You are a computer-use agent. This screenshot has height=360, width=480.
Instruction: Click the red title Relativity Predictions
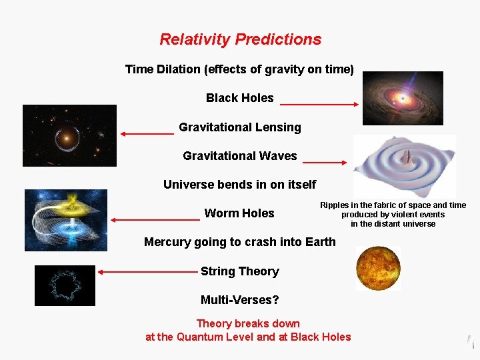click(x=240, y=39)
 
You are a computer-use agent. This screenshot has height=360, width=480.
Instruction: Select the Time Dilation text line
click(x=239, y=69)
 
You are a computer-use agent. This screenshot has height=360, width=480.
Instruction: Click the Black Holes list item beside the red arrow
click(x=239, y=98)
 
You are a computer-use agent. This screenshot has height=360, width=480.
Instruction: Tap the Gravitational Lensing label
click(x=239, y=127)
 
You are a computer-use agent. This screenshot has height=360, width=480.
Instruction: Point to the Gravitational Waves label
click(x=239, y=156)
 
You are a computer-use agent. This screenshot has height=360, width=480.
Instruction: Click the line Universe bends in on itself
click(x=239, y=185)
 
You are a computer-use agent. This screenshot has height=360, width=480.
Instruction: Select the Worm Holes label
click(x=239, y=213)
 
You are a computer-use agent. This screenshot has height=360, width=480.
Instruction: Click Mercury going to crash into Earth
click(x=239, y=242)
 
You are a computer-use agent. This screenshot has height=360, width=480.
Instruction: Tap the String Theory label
click(x=239, y=271)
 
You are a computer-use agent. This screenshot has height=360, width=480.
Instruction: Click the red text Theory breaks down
click(x=248, y=324)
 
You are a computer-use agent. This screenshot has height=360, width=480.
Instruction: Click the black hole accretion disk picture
click(x=402, y=98)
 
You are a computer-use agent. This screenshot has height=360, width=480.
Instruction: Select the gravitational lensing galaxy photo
click(x=69, y=135)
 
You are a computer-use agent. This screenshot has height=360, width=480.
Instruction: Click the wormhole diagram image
click(x=65, y=220)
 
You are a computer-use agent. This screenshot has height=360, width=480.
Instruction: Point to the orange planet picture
click(x=378, y=268)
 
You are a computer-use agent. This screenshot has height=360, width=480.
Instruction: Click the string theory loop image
click(x=65, y=285)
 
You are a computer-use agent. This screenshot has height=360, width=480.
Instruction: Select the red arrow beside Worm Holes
click(x=155, y=219)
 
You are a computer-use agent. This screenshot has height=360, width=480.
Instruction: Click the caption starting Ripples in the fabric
click(x=393, y=215)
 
